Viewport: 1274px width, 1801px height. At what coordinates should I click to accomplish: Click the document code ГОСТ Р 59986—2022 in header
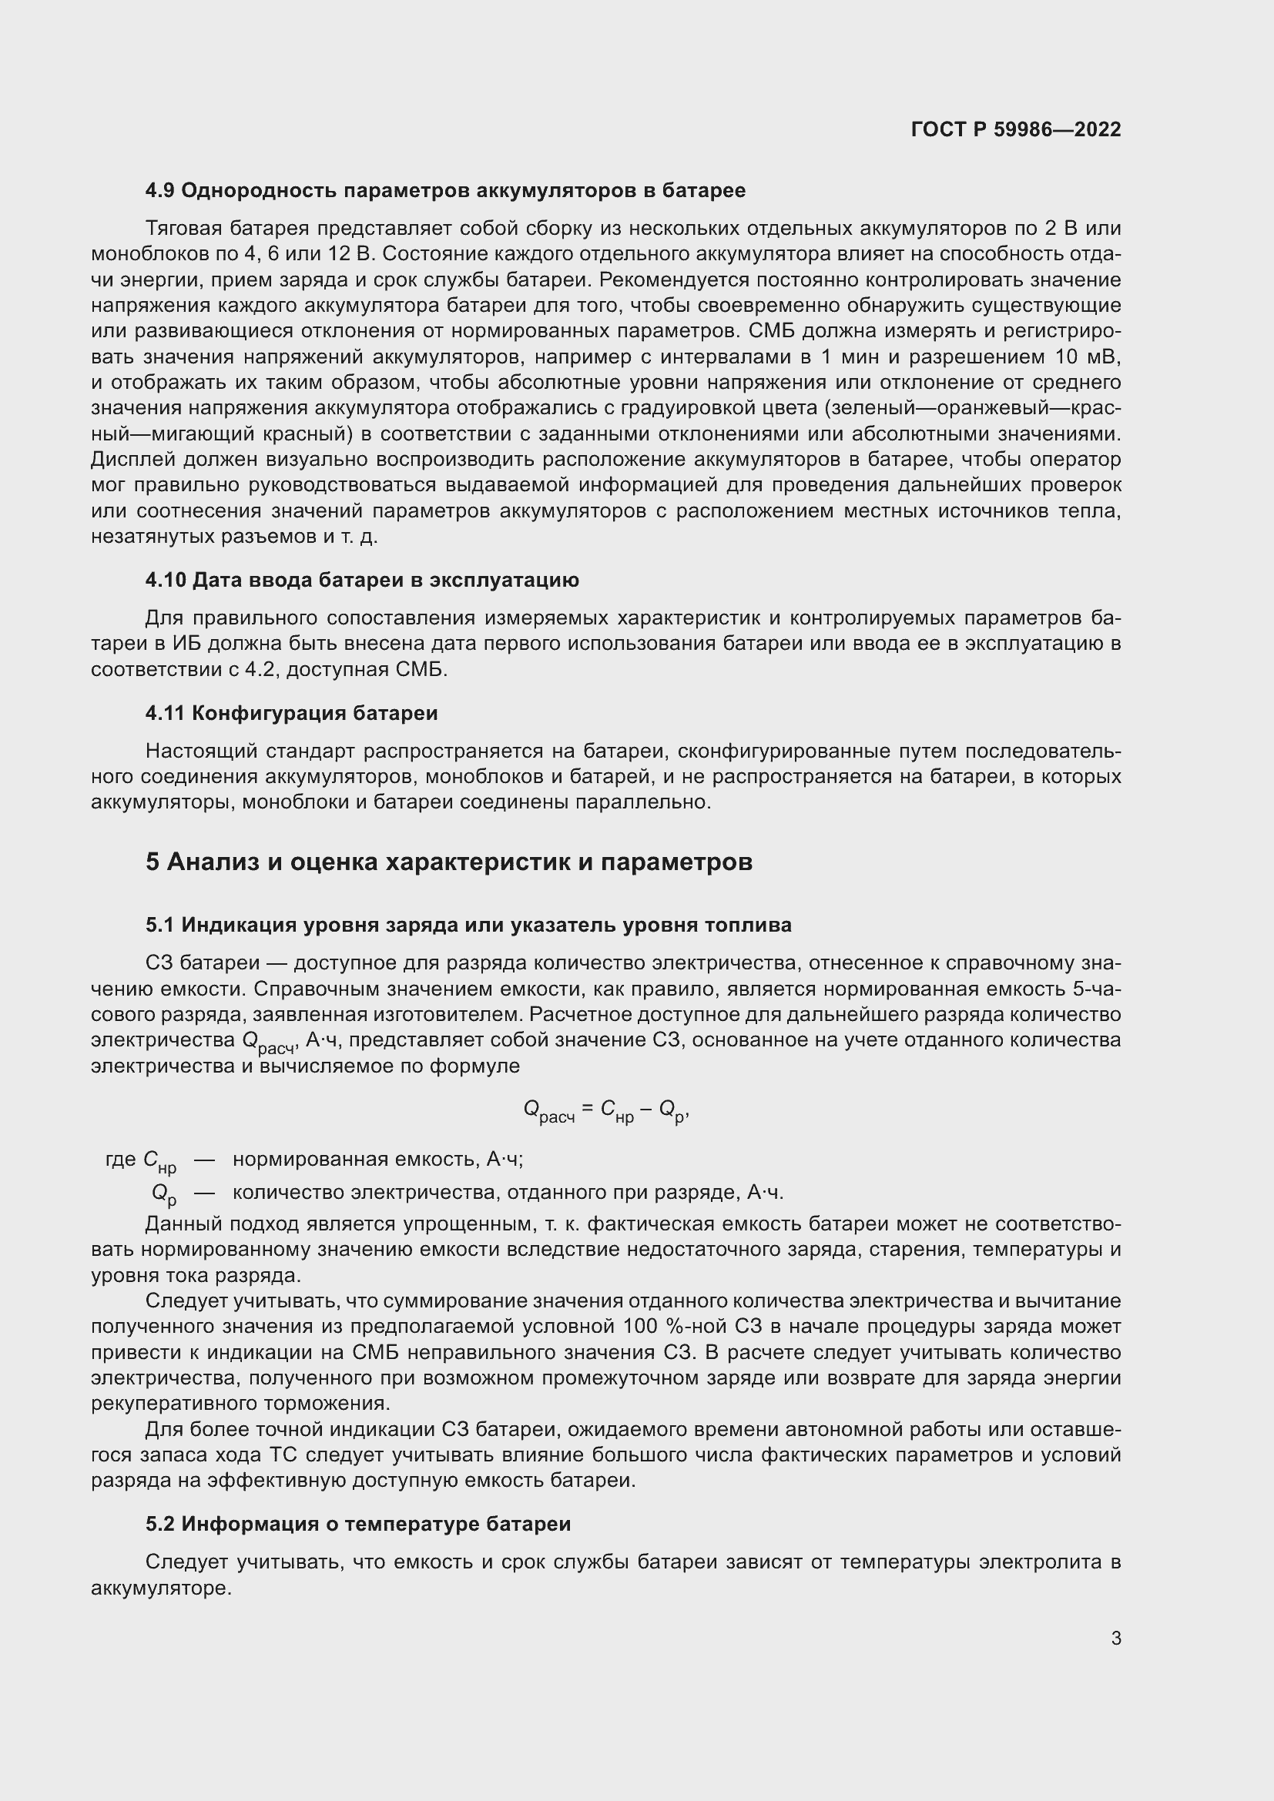click(x=1015, y=129)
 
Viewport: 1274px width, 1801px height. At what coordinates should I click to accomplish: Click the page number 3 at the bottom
click(x=1115, y=1638)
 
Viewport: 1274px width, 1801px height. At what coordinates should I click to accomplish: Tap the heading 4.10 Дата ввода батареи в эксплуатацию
click(x=362, y=580)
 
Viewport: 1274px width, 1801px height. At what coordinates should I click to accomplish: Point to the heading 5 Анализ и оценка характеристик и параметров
click(x=449, y=862)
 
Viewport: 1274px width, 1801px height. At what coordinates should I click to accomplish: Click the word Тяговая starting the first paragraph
click(x=179, y=228)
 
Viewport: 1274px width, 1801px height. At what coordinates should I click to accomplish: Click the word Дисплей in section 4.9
click(x=129, y=460)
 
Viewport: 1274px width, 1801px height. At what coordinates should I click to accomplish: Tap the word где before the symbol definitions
click(x=120, y=1160)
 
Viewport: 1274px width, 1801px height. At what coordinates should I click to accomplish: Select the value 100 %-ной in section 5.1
click(x=674, y=1327)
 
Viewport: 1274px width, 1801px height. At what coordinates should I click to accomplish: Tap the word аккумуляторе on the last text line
click(x=161, y=1588)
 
